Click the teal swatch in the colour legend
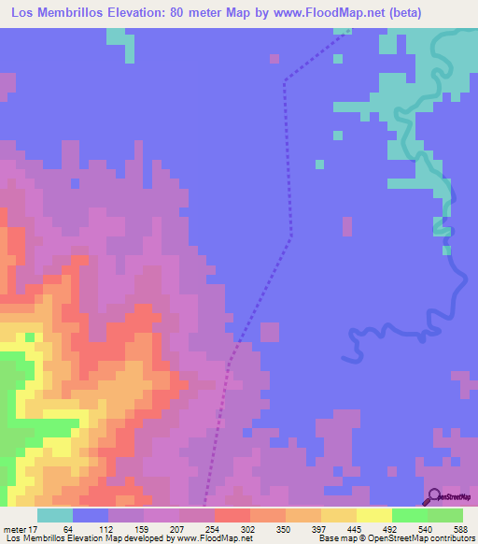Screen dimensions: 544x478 pos(55,515)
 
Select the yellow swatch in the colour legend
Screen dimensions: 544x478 pos(374,515)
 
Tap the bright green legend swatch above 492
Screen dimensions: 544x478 pos(410,515)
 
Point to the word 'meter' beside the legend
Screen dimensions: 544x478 pos(13,529)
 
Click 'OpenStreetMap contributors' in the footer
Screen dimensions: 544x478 pos(428,539)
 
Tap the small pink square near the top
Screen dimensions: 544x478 pos(274,58)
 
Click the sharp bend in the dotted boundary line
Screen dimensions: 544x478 pos(284,82)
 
